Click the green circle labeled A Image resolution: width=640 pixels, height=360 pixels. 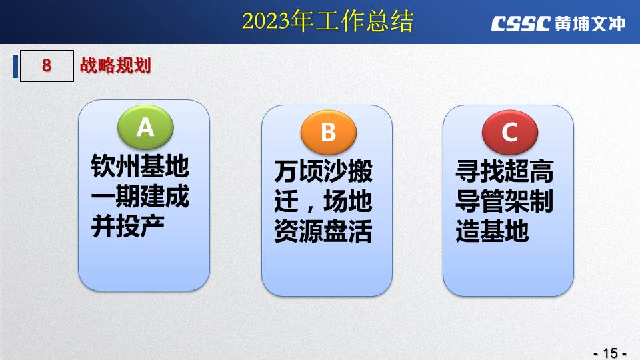pyautogui.click(x=145, y=127)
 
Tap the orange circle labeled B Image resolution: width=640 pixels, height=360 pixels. pyautogui.click(x=329, y=132)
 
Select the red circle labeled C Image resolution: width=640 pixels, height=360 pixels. pyautogui.click(x=510, y=132)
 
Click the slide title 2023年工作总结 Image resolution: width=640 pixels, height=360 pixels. pyautogui.click(x=328, y=21)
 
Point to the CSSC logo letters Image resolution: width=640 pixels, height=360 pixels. pyautogui.click(x=521, y=24)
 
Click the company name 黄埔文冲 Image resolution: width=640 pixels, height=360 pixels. pyautogui.click(x=590, y=24)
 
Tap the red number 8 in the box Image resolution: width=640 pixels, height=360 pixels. pyautogui.click(x=47, y=65)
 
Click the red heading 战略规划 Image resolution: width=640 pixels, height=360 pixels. pyautogui.click(x=115, y=65)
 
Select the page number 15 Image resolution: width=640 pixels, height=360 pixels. pyautogui.click(x=611, y=353)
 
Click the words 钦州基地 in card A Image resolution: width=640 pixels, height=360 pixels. pyautogui.click(x=140, y=166)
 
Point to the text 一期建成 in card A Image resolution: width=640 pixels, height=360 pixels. pyautogui.click(x=140, y=196)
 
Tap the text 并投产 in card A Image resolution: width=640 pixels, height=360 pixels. pyautogui.click(x=128, y=226)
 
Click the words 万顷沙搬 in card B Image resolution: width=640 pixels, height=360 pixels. pyautogui.click(x=323, y=171)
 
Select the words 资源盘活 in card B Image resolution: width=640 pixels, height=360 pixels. pyautogui.click(x=323, y=231)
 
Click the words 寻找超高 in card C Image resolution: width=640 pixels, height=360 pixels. pyautogui.click(x=505, y=171)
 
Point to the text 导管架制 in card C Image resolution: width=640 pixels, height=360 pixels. pyautogui.click(x=505, y=201)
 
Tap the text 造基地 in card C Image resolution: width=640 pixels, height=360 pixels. pyautogui.click(x=492, y=231)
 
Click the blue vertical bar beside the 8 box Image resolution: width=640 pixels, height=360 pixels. pyautogui.click(x=15, y=66)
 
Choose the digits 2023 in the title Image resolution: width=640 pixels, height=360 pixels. pyautogui.click(x=266, y=21)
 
